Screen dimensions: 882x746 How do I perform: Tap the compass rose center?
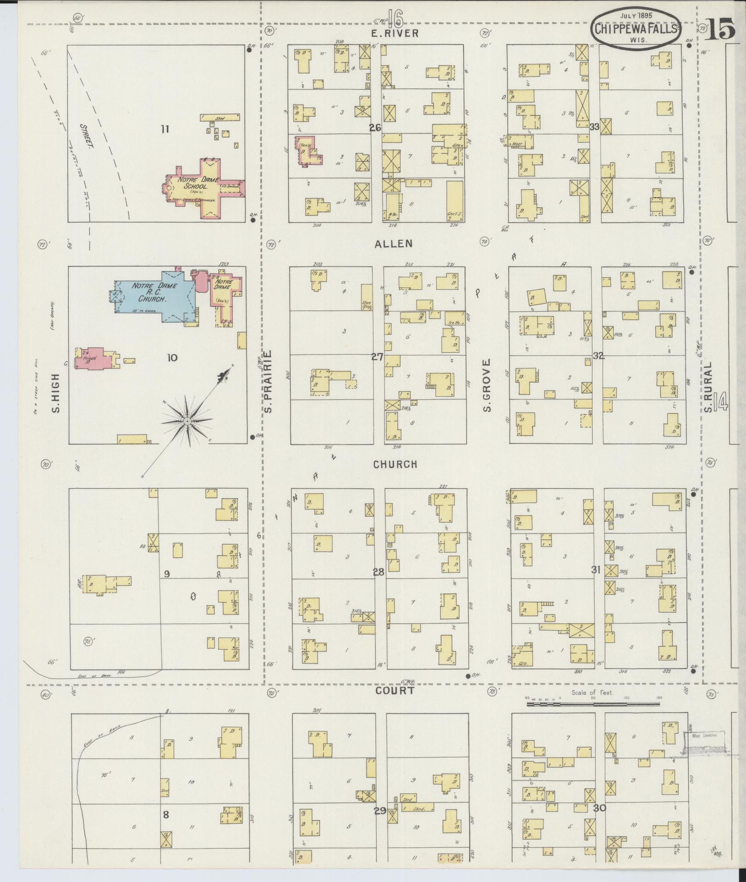coord(187,420)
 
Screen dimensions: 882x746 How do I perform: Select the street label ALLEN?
coord(393,243)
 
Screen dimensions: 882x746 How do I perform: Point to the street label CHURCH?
coord(395,464)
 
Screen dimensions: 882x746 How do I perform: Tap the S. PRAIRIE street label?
coord(268,380)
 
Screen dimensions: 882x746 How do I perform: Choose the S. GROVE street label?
coord(487,384)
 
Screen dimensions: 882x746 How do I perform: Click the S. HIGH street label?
coord(56,393)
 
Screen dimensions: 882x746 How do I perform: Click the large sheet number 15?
coord(721,29)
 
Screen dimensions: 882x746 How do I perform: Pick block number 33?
coord(595,127)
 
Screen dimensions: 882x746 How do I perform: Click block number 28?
coord(378,572)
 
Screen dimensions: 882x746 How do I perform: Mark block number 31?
coord(596,570)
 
